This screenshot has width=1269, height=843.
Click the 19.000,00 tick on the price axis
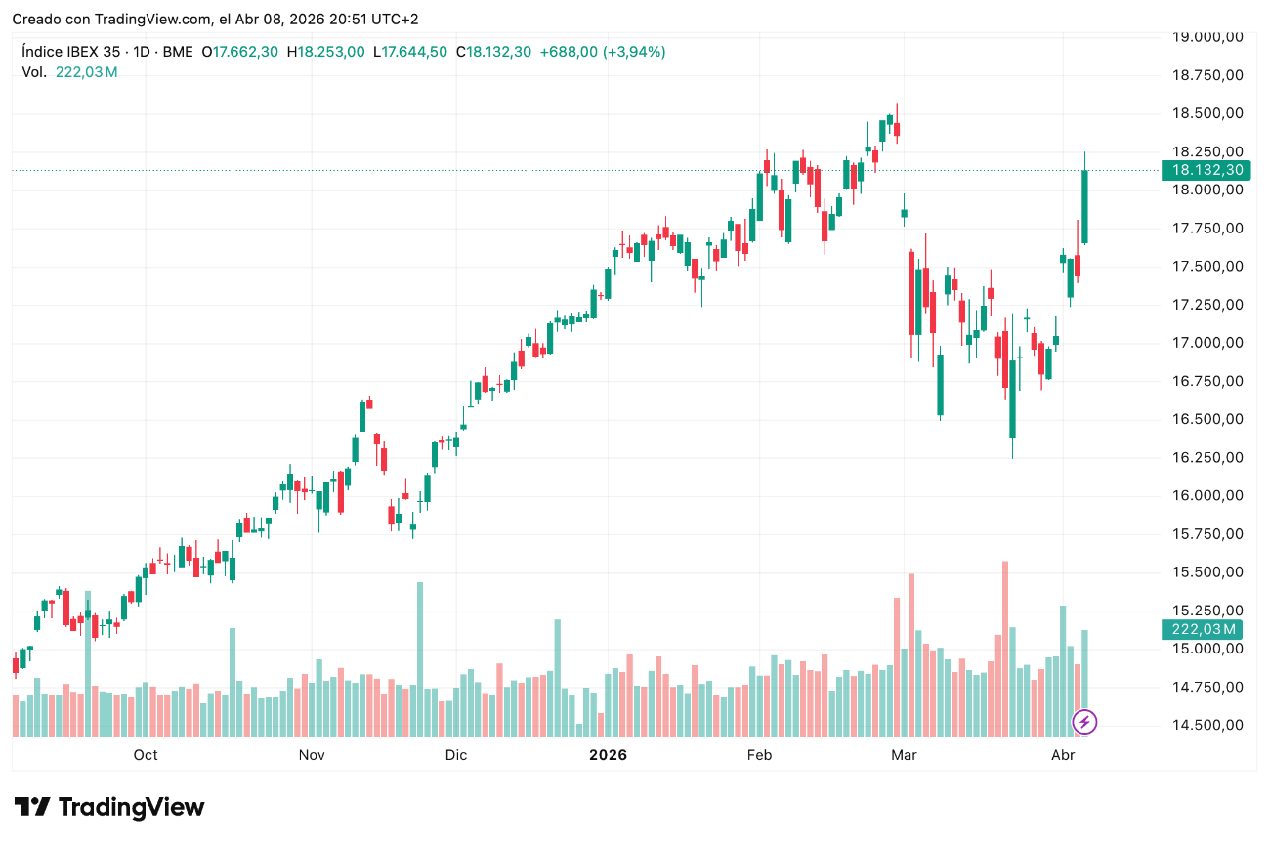[x=1207, y=37]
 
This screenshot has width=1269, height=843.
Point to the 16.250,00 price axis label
[x=1207, y=457]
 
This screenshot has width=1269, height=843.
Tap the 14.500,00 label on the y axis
[x=1207, y=725]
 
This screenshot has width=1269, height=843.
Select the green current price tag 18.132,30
[x=1207, y=170]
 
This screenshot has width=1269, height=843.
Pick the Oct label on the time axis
[x=146, y=755]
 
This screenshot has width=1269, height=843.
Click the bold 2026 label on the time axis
[x=608, y=755]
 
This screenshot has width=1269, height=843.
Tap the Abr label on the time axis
[x=1062, y=755]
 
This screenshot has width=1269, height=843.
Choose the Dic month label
[x=455, y=755]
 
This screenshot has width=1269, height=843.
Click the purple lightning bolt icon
[x=1085, y=723]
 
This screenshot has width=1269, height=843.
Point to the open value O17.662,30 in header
[x=239, y=52]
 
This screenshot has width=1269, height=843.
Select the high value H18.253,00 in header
[x=325, y=52]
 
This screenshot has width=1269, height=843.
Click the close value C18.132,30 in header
[x=493, y=52]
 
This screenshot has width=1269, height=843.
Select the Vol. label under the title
[x=34, y=72]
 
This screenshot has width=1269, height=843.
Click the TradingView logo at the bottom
[x=109, y=808]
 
